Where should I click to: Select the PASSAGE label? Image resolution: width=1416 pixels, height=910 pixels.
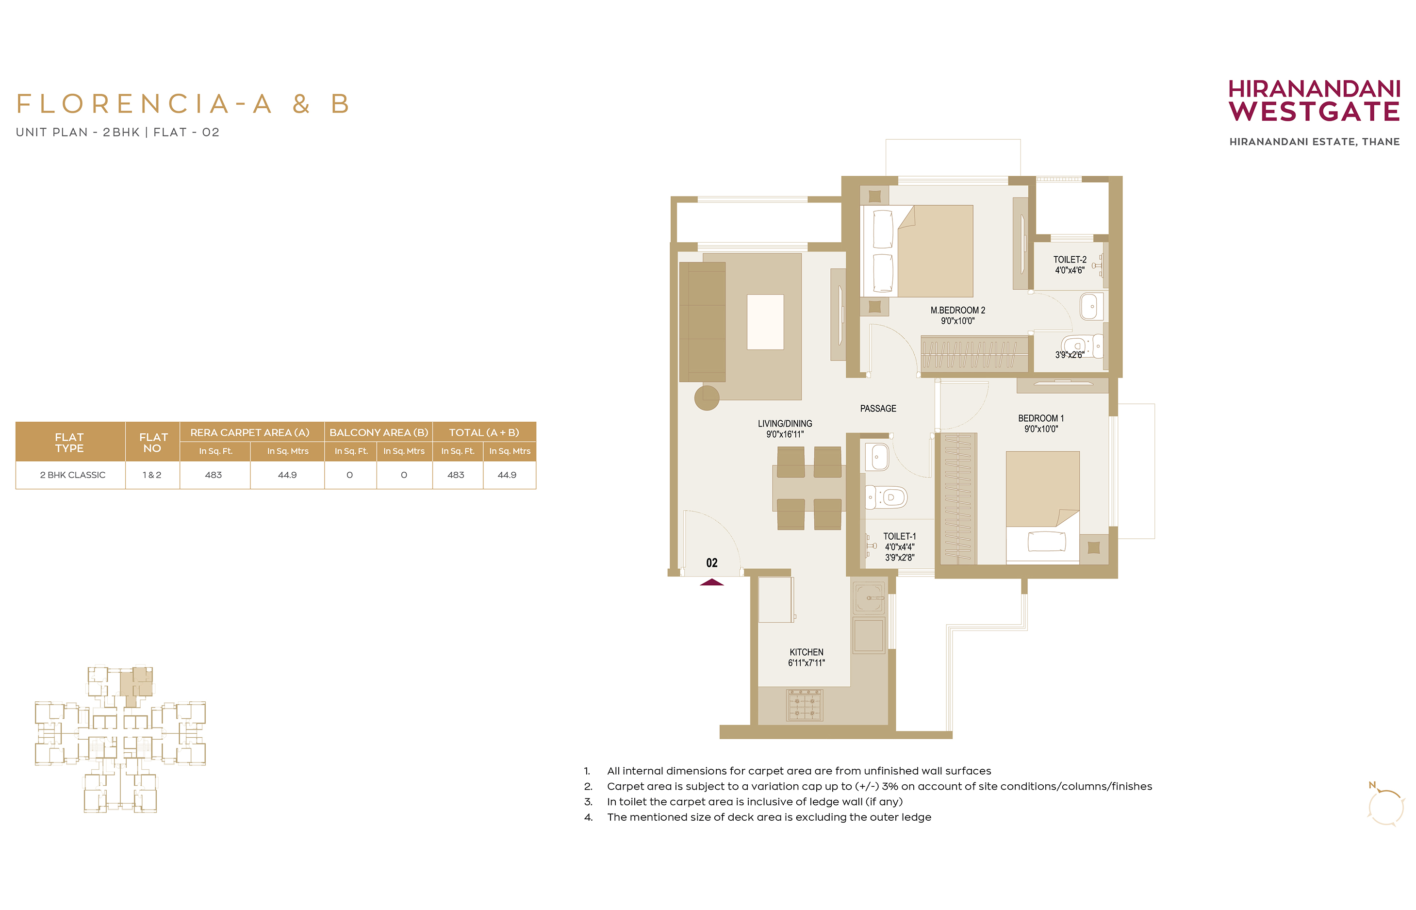point(878,408)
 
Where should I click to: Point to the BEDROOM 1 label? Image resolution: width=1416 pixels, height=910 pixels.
point(1040,418)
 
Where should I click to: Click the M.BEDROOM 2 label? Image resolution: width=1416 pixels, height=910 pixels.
point(957,310)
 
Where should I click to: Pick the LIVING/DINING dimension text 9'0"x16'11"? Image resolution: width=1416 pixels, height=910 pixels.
point(785,434)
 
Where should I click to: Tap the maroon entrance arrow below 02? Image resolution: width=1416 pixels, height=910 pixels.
point(711,582)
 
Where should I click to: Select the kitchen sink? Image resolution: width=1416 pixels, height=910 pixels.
point(869,597)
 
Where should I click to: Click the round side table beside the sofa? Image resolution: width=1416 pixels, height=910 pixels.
point(707,397)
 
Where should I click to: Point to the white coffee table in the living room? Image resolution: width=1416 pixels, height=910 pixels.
point(765,322)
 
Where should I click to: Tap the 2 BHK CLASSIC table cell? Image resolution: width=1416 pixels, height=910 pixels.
point(73,475)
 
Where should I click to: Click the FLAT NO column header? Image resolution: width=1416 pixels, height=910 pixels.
point(153,443)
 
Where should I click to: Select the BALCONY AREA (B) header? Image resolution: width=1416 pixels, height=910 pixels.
point(379,432)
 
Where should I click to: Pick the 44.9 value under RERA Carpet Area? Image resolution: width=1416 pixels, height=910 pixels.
point(287,475)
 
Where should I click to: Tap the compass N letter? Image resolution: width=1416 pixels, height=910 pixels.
point(1372,785)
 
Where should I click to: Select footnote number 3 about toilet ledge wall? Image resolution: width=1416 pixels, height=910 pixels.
point(743,802)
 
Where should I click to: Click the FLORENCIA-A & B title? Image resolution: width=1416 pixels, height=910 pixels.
point(183,104)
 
